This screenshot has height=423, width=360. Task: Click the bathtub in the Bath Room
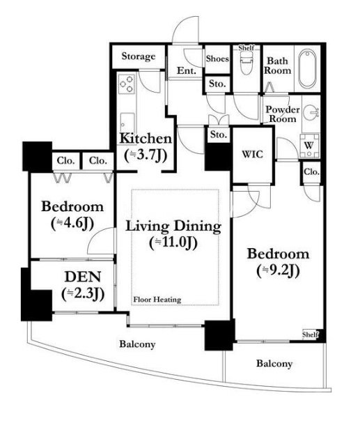pyautogui.click(x=307, y=68)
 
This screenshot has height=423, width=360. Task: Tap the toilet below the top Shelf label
pyautogui.click(x=246, y=63)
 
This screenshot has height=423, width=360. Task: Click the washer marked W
pyautogui.click(x=309, y=146)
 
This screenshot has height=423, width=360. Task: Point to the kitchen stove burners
pyautogui.click(x=127, y=84)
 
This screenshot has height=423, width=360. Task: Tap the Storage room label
pyautogui.click(x=139, y=56)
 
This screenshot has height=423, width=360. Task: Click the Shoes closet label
pyautogui.click(x=217, y=59)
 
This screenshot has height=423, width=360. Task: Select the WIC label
pyautogui.click(x=252, y=154)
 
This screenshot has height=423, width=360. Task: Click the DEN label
pyautogui.click(x=83, y=277)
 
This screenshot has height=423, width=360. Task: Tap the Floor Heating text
pyautogui.click(x=157, y=300)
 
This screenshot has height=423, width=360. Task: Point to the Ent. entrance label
pyautogui.click(x=187, y=70)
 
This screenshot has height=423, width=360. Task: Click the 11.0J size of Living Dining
pyautogui.click(x=173, y=243)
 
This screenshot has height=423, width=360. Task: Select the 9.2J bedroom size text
pyautogui.click(x=278, y=270)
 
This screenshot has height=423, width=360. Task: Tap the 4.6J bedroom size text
pyautogui.click(x=72, y=223)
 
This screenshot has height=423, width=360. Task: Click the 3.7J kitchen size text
pyautogui.click(x=146, y=155)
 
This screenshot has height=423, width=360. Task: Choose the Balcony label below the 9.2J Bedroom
pyautogui.click(x=274, y=364)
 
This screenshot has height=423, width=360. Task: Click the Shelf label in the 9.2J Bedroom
pyautogui.click(x=310, y=334)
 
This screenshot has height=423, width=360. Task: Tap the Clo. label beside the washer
pyautogui.click(x=312, y=171)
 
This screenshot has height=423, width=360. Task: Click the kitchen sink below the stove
pyautogui.click(x=127, y=121)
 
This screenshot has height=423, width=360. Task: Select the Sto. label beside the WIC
pyautogui.click(x=218, y=134)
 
